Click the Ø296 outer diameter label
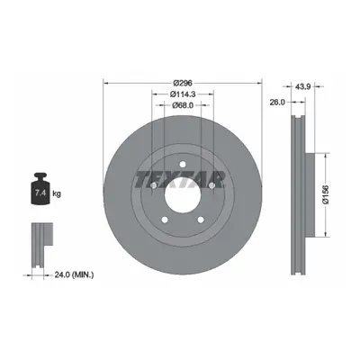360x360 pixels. [183, 83]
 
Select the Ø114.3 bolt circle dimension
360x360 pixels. [183, 94]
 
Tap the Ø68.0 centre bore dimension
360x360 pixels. [183, 105]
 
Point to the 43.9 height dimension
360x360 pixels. [302, 86]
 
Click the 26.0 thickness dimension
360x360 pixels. [276, 103]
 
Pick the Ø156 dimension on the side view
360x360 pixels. [326, 194]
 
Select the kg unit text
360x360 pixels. [57, 193]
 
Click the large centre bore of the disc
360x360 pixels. [183, 194]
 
